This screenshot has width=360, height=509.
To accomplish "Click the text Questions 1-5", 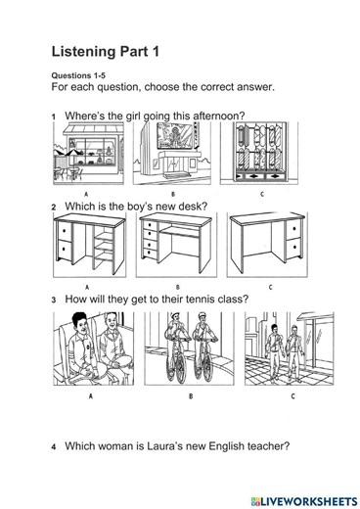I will (x=78, y=75).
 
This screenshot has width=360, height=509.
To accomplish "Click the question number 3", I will (x=54, y=300).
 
